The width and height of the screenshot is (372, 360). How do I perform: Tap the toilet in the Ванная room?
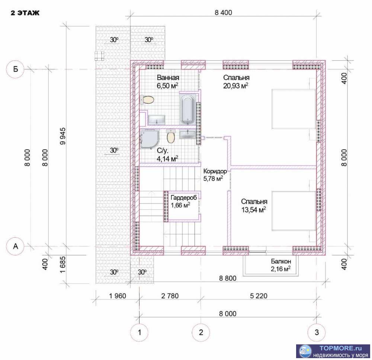(147, 100)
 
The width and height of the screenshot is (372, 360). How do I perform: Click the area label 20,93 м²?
(236, 86)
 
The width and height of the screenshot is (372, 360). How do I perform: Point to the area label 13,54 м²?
(253, 210)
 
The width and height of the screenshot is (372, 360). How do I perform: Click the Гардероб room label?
(184, 197)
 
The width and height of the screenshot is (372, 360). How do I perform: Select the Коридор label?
(215, 171)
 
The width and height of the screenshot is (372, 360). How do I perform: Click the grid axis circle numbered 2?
(201, 332)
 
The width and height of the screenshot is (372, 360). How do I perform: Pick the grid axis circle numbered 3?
(317, 332)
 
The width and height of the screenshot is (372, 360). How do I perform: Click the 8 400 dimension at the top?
(223, 13)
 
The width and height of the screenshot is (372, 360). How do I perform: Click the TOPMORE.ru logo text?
(340, 348)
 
